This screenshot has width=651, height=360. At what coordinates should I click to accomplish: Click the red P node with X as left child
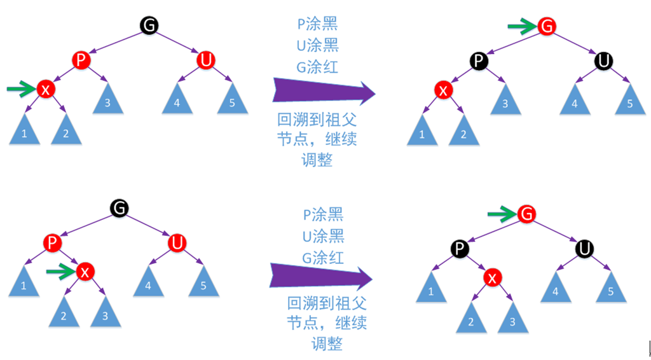point(81,60)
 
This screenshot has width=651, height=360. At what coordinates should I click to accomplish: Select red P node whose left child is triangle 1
point(53,242)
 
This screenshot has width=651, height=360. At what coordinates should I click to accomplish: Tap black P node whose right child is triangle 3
point(479,61)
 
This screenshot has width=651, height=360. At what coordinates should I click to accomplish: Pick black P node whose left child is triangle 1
point(460,247)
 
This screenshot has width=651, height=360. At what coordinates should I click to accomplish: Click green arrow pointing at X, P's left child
point(20,89)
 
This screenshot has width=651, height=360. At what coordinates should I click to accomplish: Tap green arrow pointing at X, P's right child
point(60,272)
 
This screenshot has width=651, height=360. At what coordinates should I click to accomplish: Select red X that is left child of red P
point(45,90)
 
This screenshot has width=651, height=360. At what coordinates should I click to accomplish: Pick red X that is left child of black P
point(444,90)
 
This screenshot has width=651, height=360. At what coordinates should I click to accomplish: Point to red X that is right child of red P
point(85,272)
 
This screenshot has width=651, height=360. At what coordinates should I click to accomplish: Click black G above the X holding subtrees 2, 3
point(119,207)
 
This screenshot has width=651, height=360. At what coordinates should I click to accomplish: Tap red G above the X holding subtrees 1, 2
point(546,26)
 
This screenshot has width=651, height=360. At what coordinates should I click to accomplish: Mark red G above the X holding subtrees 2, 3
point(526,214)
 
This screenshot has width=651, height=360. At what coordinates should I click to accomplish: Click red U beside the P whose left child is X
point(205,60)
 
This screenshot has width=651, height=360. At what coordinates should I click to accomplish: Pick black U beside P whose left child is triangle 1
point(585,247)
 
